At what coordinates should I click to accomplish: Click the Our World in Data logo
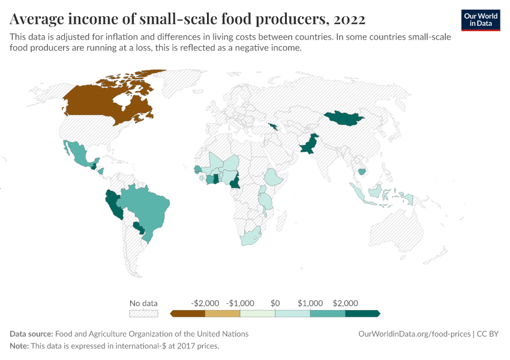click(x=480, y=20)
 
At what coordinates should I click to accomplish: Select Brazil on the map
click(x=147, y=207)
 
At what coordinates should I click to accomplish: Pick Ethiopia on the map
click(x=275, y=178)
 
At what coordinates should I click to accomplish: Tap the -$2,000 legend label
click(x=205, y=303)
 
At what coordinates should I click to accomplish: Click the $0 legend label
click(x=275, y=303)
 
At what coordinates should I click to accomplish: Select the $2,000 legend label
click(x=345, y=303)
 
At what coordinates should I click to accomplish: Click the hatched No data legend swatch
click(x=143, y=313)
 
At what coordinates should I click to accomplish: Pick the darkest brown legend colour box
click(x=188, y=313)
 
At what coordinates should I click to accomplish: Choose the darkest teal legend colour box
click(x=362, y=313)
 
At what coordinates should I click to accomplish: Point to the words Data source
click(x=31, y=334)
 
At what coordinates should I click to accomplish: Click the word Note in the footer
click(x=19, y=346)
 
